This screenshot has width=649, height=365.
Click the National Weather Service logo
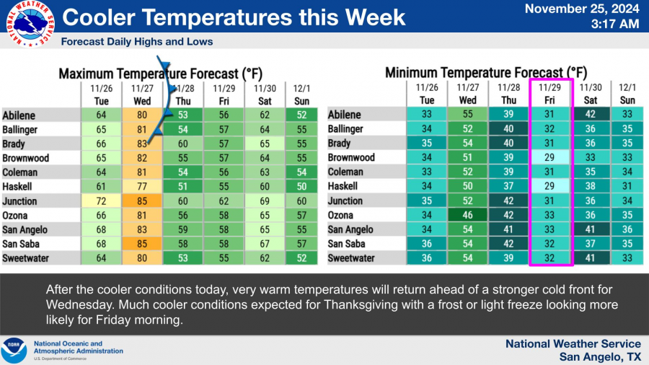click(x=30, y=24)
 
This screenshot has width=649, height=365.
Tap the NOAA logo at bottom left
click(x=14, y=350)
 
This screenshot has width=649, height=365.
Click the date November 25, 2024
click(x=582, y=9)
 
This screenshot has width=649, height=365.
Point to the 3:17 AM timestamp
click(x=614, y=24)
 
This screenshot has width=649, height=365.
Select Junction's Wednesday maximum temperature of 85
click(x=142, y=201)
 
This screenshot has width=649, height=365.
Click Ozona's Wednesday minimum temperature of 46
click(x=467, y=215)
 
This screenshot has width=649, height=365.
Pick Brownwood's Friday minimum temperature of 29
click(x=549, y=158)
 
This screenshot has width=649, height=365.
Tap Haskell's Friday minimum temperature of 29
click(x=549, y=186)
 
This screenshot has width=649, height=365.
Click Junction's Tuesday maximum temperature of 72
click(x=101, y=201)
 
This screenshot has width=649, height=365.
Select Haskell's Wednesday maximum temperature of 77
click(x=142, y=187)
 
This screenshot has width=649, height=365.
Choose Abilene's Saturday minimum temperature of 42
click(x=590, y=114)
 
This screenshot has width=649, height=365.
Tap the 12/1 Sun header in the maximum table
click(x=301, y=94)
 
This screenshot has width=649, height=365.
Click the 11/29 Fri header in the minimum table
click(x=549, y=94)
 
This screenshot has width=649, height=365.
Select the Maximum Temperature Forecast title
click(x=161, y=74)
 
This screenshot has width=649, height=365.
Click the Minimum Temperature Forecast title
click(x=486, y=73)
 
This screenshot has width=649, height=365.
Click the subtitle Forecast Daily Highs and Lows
click(x=137, y=42)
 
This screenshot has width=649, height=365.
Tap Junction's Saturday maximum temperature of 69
click(x=265, y=201)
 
